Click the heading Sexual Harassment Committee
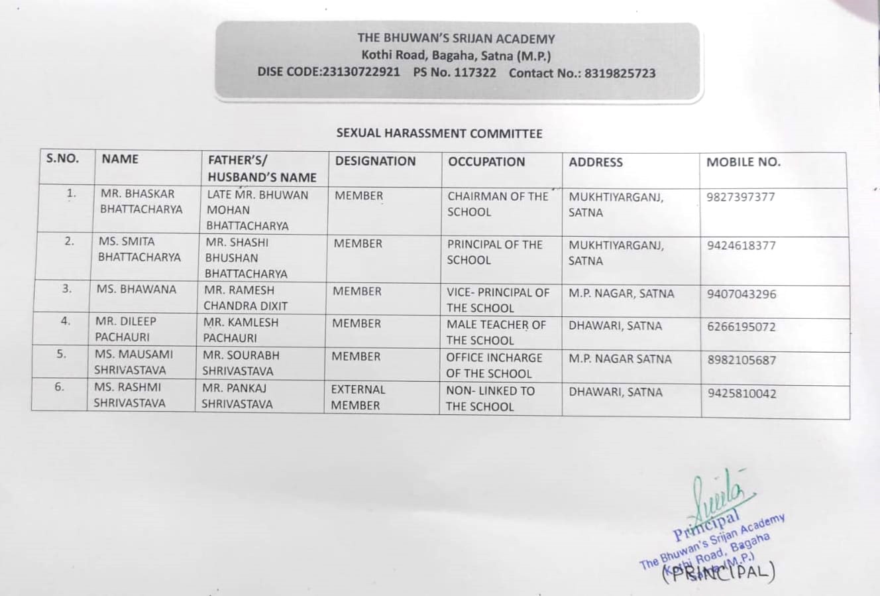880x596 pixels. [x=439, y=133]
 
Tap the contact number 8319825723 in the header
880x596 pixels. [x=619, y=74]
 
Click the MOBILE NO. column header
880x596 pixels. [x=743, y=162]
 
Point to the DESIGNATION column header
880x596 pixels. [x=375, y=161]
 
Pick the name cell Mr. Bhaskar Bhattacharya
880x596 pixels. [x=140, y=202]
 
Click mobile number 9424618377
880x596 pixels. [x=741, y=245]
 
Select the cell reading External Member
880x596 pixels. [x=358, y=397]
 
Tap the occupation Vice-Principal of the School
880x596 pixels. [x=498, y=300]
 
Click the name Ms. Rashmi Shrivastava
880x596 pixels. [x=129, y=394]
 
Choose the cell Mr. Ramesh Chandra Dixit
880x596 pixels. [x=245, y=298]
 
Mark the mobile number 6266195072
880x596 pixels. [x=741, y=327]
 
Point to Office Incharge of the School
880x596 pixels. [x=493, y=365]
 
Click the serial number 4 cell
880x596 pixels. [x=66, y=321]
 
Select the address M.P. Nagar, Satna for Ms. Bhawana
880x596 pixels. [x=621, y=293]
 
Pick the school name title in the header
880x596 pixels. [x=456, y=39]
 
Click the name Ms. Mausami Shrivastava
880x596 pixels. [x=133, y=362]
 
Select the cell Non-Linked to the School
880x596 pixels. [x=490, y=398]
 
